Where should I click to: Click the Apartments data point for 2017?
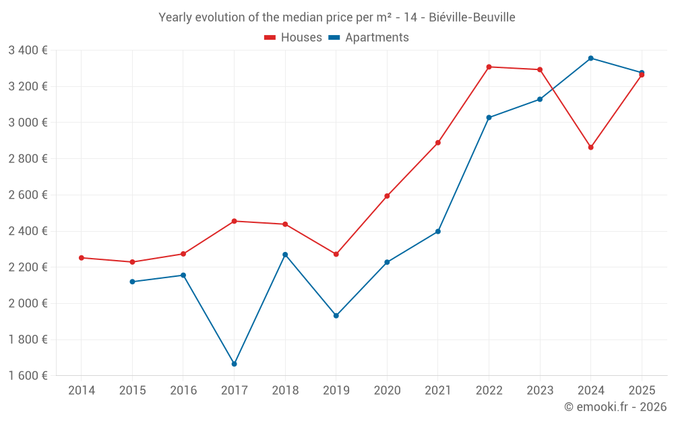tap(234, 364)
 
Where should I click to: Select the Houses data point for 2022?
tap(489, 67)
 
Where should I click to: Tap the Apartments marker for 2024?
tap(590, 58)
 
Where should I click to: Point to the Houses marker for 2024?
tap(590, 147)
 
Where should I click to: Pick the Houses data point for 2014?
tap(82, 258)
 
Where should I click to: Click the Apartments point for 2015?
tap(132, 282)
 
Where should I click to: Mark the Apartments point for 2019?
tap(336, 315)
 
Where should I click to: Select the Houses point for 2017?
tap(234, 221)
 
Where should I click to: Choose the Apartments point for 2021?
tap(438, 231)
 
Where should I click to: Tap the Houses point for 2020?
tap(387, 196)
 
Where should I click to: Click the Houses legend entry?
tap(293, 38)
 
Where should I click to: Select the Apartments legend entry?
tap(369, 38)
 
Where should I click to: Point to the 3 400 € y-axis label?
tap(28, 50)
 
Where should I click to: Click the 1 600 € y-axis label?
tap(28, 376)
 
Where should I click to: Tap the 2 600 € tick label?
tap(28, 195)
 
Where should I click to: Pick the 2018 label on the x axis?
tap(285, 391)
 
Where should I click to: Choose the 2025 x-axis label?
tap(642, 391)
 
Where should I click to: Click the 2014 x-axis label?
tap(82, 391)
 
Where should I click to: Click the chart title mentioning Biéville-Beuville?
tap(337, 18)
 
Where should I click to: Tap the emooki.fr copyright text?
tap(615, 407)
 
